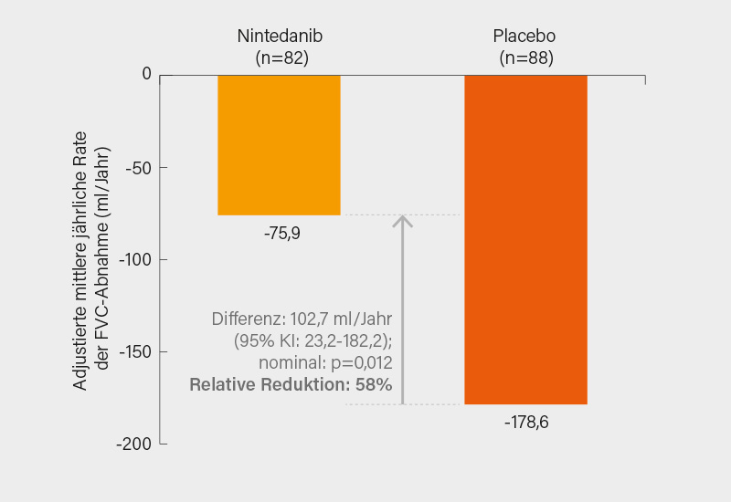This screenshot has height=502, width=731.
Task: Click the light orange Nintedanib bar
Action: tap(279, 144)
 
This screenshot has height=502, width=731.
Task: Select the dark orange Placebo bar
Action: tap(525, 239)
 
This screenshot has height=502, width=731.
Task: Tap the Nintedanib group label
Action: tap(281, 37)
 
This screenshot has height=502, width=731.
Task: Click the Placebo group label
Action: tap(524, 37)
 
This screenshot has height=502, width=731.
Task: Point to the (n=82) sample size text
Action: tap(281, 58)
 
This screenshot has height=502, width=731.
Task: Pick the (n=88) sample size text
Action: tap(525, 58)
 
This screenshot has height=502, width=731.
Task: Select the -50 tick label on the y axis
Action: tap(139, 167)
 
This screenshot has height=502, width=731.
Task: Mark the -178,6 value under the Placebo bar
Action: tap(525, 423)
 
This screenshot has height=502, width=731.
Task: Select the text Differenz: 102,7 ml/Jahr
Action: tap(302, 319)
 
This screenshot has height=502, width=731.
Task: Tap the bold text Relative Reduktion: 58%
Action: tap(291, 385)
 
